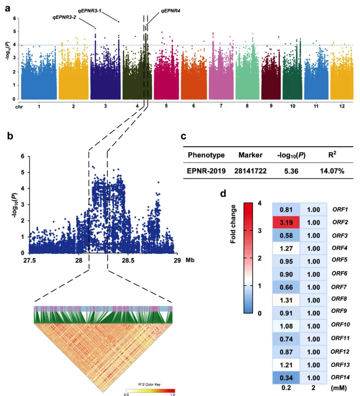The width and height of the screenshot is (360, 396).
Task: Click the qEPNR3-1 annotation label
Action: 89,11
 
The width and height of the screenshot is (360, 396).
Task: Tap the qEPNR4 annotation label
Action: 170,11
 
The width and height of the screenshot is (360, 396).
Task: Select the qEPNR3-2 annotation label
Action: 64,17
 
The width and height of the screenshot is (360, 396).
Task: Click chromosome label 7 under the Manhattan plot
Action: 221,106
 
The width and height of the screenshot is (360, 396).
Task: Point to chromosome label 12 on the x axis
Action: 342,106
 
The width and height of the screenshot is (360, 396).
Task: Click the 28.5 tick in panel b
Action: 128,260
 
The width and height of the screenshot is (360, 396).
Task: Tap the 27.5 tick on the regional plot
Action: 29,260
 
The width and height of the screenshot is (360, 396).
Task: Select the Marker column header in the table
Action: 250,155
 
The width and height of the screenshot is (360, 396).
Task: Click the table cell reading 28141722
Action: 250,171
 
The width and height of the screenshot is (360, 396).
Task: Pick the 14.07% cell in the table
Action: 332,171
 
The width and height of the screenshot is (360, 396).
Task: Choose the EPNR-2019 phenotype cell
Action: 206,171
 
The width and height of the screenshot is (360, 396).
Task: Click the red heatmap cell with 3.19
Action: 286,222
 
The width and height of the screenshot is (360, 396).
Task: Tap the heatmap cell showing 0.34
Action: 286,378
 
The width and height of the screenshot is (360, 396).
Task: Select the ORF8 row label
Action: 339,299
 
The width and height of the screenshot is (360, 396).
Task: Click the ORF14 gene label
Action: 340,377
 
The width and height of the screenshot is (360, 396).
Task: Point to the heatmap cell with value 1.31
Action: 286,300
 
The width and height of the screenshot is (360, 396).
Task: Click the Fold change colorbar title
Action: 233,224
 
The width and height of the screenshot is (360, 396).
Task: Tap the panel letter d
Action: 223,194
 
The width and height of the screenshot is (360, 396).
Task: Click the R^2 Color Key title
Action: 149,384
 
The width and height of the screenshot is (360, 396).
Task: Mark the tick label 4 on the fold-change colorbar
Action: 260,203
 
